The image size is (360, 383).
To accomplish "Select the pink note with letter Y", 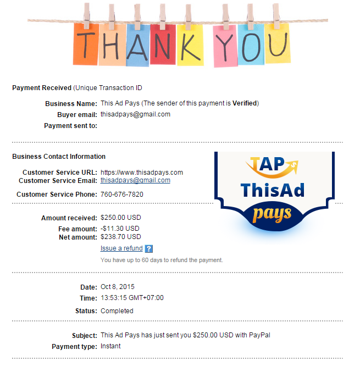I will (x=225, y=45).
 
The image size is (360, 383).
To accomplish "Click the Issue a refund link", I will (x=121, y=248).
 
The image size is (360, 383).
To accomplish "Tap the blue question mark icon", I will (x=149, y=249).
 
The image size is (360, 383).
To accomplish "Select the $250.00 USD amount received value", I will (x=121, y=218).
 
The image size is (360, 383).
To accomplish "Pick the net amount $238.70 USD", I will (x=121, y=237).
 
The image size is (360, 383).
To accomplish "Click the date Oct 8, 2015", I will (x=118, y=287).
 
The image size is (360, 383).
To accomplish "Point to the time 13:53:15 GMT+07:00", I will (x=132, y=298).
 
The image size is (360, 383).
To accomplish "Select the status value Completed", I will (x=117, y=311).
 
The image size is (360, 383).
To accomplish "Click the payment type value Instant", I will (x=110, y=346).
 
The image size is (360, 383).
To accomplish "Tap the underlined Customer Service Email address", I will (x=135, y=180).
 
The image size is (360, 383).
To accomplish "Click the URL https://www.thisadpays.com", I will (x=142, y=173).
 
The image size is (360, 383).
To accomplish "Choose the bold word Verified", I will (x=244, y=103).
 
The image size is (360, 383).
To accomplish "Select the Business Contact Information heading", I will (x=59, y=157).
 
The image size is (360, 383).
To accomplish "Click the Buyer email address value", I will (x=135, y=114).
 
